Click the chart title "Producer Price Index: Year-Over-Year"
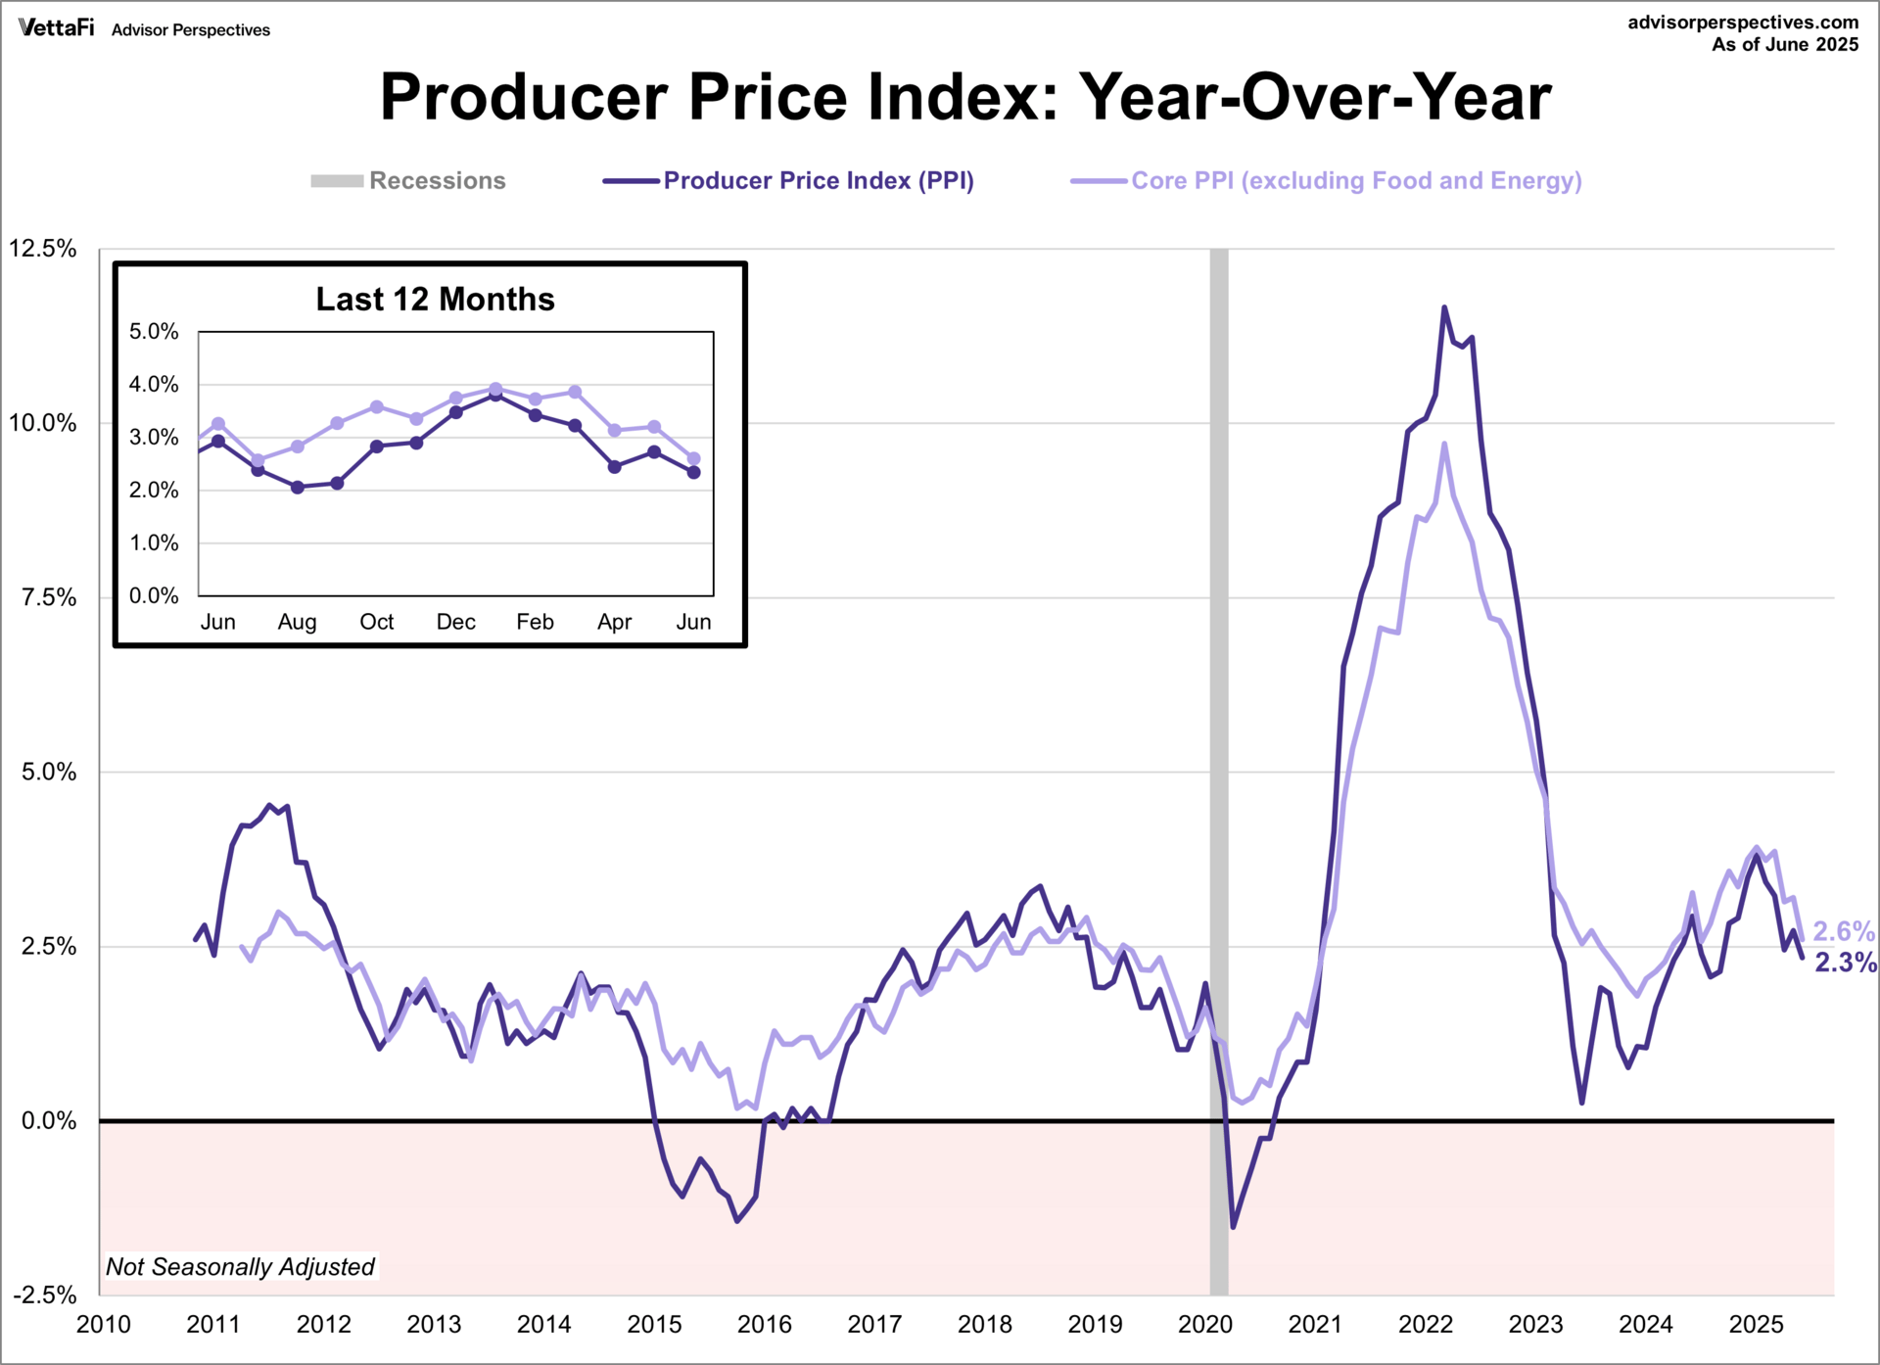[965, 97]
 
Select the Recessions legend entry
[407, 181]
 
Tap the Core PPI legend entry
[1326, 181]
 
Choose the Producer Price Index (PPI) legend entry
[788, 181]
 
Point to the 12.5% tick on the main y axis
[43, 248]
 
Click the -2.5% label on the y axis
[45, 1294]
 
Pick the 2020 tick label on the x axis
[1205, 1324]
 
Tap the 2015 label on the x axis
[654, 1324]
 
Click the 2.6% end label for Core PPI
[1844, 931]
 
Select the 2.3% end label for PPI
[1846, 963]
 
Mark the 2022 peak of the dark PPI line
[1443, 307]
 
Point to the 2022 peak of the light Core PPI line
[1444, 444]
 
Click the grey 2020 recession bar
[1219, 772]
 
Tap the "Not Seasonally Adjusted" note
[240, 1267]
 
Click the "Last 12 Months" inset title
[436, 299]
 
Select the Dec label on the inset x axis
[456, 622]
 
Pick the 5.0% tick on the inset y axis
[154, 332]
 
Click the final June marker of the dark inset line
[694, 472]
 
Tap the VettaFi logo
[57, 27]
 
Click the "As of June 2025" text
[1785, 45]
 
